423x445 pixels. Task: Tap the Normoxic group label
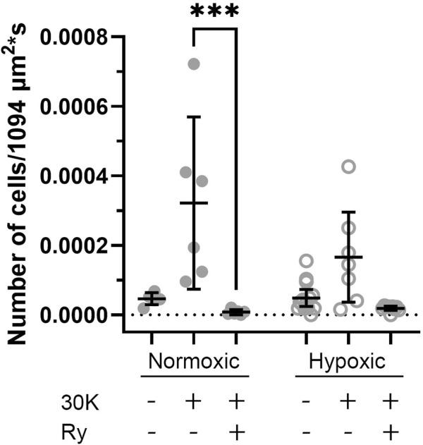coord(193,362)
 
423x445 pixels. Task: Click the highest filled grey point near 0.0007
coord(194,64)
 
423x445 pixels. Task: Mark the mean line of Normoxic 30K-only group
coord(194,203)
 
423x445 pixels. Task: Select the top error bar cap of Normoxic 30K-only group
coord(194,116)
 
